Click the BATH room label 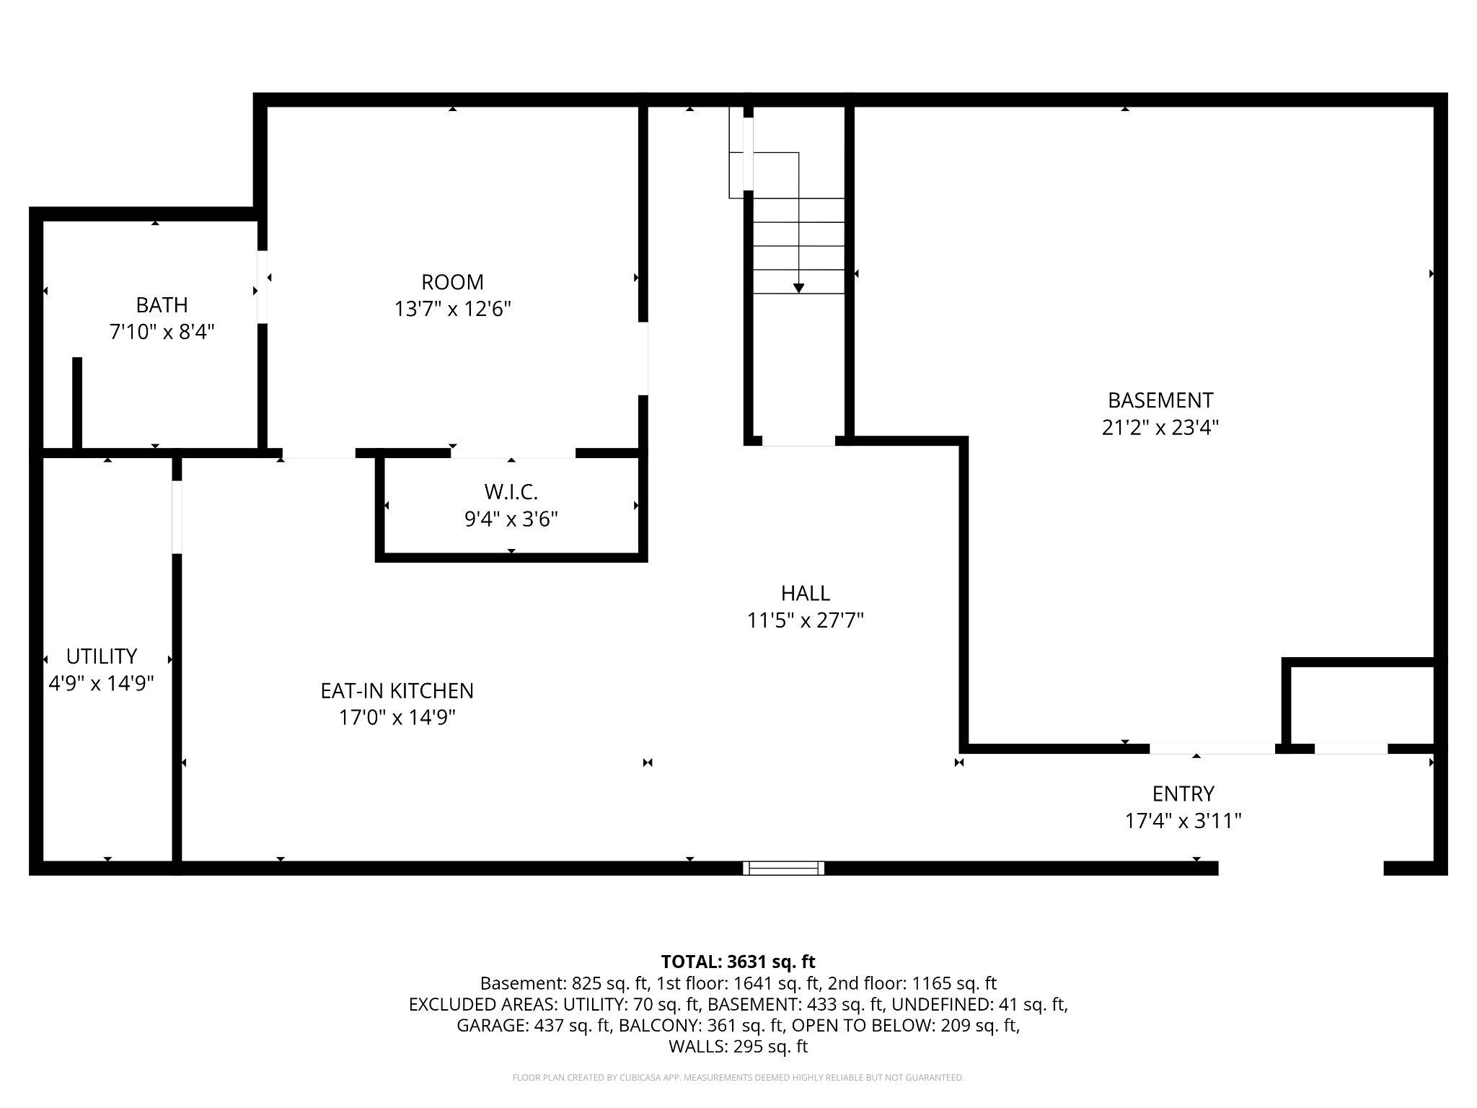click(162, 305)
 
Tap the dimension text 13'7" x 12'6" click(452, 309)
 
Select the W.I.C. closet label click(511, 492)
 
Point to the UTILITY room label click(101, 656)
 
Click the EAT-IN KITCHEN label click(397, 691)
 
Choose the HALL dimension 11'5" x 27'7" click(805, 620)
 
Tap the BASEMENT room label click(1160, 400)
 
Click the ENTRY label click(1183, 793)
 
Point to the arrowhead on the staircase click(798, 289)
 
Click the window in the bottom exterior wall click(783, 868)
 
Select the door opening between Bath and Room click(263, 286)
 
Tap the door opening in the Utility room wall click(177, 516)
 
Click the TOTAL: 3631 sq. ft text click(738, 962)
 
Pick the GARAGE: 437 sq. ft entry click(534, 1025)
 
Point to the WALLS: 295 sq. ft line click(738, 1046)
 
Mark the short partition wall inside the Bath click(77, 403)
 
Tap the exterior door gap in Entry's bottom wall click(1300, 868)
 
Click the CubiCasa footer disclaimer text click(738, 1078)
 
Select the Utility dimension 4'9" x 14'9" click(101, 683)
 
